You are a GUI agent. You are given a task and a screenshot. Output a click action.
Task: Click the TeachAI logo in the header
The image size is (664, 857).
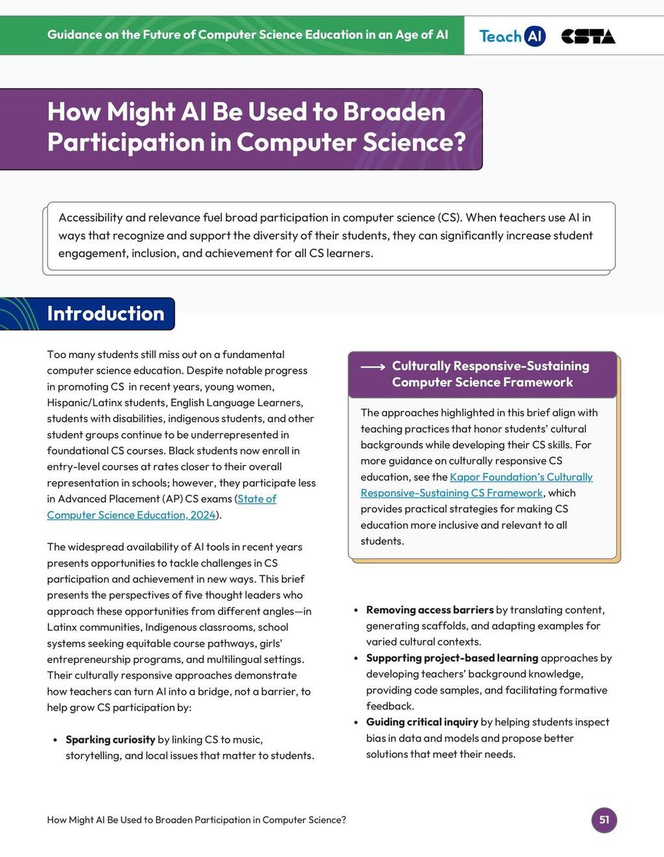[x=512, y=36]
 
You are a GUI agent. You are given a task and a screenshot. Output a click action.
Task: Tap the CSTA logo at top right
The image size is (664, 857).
[x=588, y=37]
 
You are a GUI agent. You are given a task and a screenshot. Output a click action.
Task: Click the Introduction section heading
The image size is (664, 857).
[x=105, y=314]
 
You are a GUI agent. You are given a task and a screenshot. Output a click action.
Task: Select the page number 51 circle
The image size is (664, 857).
[x=604, y=819]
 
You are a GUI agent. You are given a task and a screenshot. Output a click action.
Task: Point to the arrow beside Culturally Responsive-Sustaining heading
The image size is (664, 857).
[x=373, y=367]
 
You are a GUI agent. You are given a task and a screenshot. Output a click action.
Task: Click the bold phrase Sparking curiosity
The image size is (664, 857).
[x=110, y=739]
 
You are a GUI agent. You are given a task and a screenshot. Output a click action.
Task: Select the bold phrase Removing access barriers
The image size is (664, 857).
[x=430, y=610]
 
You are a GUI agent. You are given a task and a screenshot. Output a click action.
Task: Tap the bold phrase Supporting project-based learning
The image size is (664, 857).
[x=452, y=658]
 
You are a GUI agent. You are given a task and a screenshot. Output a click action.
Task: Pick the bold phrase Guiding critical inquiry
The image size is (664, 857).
[x=422, y=722]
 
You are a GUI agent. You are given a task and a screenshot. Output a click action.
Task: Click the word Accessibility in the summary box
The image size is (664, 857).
[x=90, y=217]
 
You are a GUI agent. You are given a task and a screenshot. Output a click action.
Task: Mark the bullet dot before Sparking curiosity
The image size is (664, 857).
[x=55, y=740]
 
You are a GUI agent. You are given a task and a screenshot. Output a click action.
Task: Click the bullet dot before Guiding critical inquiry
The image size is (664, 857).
[x=356, y=723]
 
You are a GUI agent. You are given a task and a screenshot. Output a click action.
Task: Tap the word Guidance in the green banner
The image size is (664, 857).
[x=74, y=35]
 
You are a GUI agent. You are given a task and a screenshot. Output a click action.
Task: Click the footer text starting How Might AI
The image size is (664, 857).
[x=196, y=820]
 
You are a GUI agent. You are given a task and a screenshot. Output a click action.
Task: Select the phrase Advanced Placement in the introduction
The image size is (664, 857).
[x=109, y=499]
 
